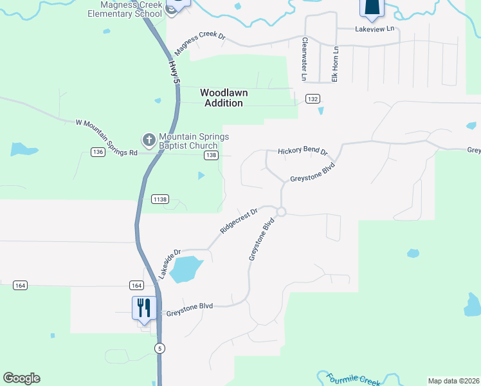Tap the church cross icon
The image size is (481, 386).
[x=149, y=140]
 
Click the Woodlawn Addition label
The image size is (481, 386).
[x=224, y=98]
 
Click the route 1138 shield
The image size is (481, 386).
[x=160, y=199]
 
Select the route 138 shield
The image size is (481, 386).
[x=211, y=156]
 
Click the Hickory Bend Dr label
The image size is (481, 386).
[x=303, y=151]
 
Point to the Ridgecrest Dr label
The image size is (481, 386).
[x=239, y=220]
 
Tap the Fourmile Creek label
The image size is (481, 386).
[x=353, y=379]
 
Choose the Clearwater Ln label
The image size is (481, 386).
[x=304, y=59]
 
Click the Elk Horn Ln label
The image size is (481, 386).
[x=335, y=64]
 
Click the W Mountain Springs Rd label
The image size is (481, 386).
[x=107, y=137]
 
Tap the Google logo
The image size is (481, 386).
[x=21, y=378]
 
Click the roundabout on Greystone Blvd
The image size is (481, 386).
[x=281, y=212]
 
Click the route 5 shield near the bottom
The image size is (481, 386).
[x=159, y=348]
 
